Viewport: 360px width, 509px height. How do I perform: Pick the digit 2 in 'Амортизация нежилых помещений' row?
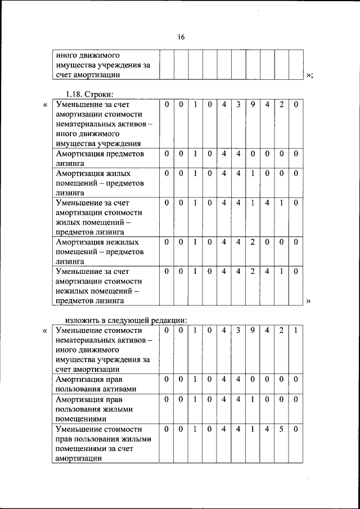[253, 241]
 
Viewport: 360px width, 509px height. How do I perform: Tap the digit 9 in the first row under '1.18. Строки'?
[253, 104]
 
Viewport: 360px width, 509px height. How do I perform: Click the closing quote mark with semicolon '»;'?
[309, 75]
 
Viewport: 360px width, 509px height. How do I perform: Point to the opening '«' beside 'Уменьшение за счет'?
[46, 105]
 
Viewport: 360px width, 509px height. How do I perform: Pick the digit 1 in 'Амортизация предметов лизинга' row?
[195, 154]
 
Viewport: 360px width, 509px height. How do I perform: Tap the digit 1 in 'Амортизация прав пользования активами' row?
[195, 380]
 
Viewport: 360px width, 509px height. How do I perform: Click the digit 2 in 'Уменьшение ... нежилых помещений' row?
[253, 271]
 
